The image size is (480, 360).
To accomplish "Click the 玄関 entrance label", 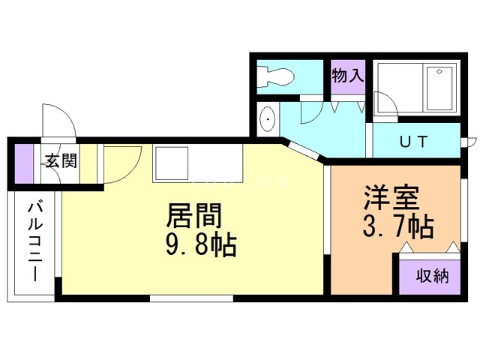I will coord(59,160).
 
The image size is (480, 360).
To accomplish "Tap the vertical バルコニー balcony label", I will coord(36,241).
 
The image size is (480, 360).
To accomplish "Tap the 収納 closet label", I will coord(433,275).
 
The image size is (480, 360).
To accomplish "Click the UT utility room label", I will coord(413,140).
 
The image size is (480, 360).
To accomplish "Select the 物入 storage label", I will coord(348,76).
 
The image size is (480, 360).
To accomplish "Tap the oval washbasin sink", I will coord(268,120).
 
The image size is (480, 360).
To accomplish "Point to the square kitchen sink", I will coord(172,163).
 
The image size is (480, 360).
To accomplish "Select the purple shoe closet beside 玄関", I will coord(25,162).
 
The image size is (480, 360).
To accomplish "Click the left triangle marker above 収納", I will coord(405,247).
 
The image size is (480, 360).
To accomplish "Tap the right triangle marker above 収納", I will coord(454,247).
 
